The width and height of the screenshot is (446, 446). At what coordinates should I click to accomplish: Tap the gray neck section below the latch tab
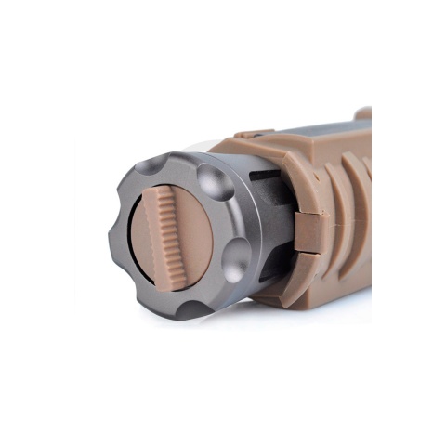click(279, 269)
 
